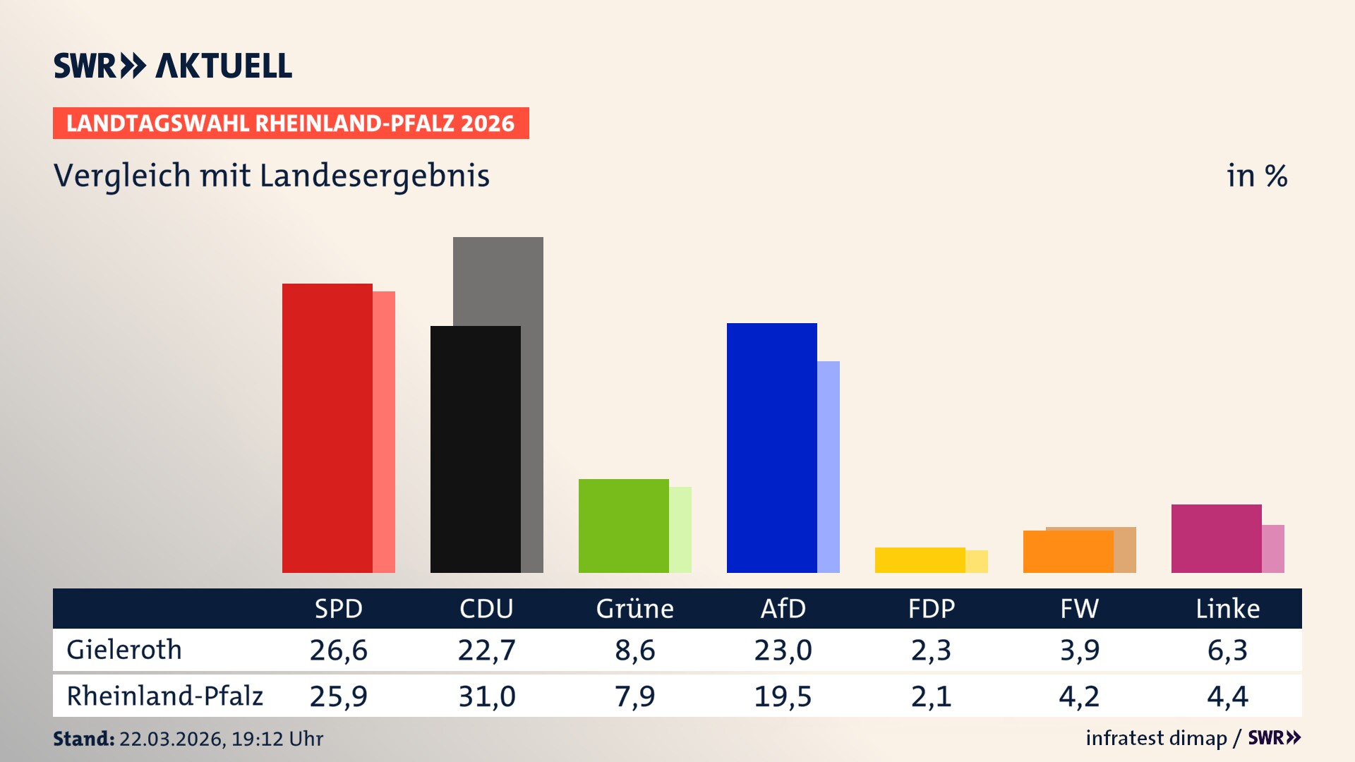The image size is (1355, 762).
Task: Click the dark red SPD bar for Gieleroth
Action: [327, 428]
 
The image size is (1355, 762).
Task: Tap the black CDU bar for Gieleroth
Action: [475, 449]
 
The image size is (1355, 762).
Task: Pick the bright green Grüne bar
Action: [623, 526]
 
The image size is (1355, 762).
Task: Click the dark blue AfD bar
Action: [771, 447]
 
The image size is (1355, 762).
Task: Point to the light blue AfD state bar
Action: [829, 466]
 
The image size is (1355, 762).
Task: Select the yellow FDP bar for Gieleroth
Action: [920, 560]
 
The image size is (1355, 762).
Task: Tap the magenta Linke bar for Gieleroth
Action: [1216, 538]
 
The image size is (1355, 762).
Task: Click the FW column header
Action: [1079, 608]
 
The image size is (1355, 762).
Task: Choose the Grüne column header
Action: [634, 608]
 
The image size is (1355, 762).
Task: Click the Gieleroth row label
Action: [124, 650]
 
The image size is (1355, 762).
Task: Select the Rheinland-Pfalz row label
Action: [164, 696]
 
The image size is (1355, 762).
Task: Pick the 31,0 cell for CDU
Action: [487, 696]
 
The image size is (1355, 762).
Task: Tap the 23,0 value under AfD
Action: [783, 650]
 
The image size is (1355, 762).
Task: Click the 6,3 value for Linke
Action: [1227, 650]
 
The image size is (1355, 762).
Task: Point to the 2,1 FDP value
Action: [931, 696]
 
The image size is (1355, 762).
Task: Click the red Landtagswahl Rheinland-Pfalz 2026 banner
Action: [291, 123]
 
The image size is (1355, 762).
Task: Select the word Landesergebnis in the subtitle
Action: [374, 176]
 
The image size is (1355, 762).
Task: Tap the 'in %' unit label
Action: [1257, 176]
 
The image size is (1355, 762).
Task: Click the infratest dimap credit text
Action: [1156, 738]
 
